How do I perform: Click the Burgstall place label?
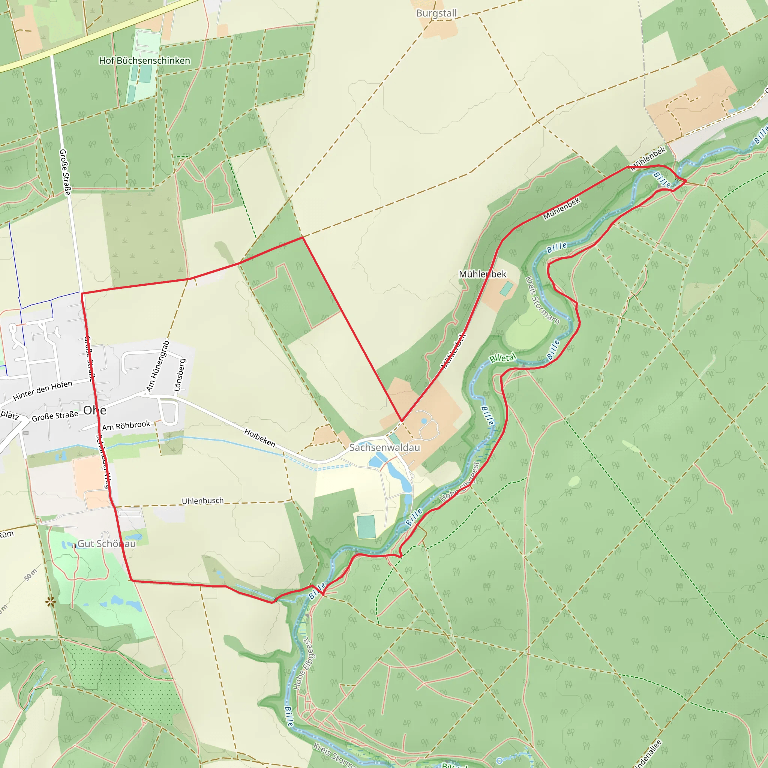click(436, 13)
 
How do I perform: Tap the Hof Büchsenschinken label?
click(144, 60)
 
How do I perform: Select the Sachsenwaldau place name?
click(384, 448)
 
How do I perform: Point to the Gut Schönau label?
click(106, 543)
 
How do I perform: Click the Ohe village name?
click(94, 410)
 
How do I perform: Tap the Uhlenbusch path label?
click(202, 501)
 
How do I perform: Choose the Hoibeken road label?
click(259, 438)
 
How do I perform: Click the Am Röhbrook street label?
click(126, 426)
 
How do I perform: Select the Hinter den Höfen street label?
click(42, 390)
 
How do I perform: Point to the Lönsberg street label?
click(180, 375)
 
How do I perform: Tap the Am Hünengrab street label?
click(158, 366)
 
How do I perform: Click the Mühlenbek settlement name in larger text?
click(483, 274)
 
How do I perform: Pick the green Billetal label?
click(502, 358)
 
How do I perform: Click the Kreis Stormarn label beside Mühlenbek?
click(542, 300)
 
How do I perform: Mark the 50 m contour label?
click(31, 574)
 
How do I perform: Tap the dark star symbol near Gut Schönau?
click(51, 602)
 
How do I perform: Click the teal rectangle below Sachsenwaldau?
click(366, 527)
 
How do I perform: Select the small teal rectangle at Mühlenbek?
click(506, 289)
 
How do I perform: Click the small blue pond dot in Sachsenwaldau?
click(424, 421)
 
